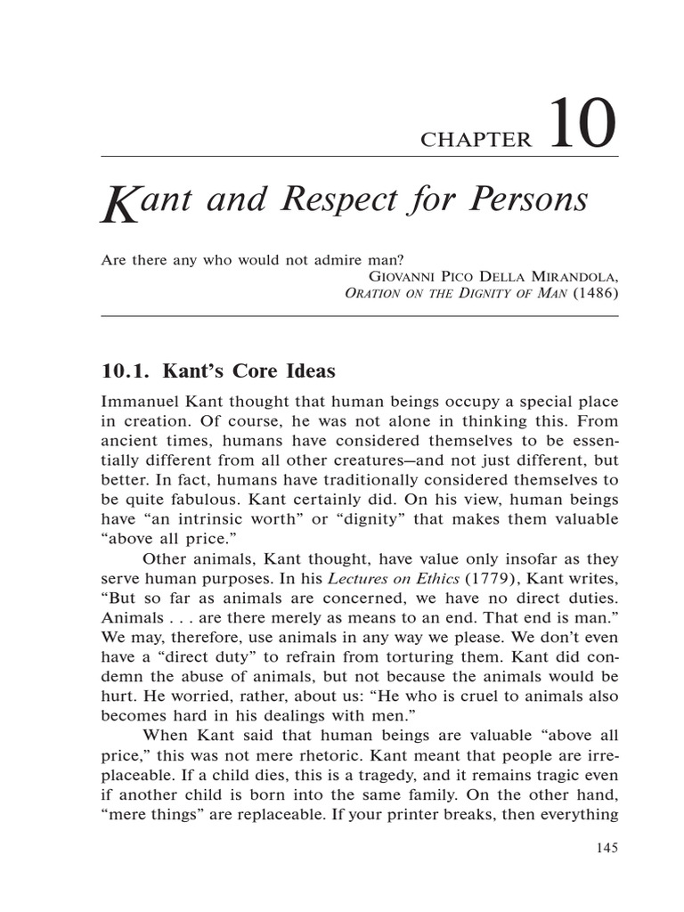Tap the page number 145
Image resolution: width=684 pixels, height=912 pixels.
pyautogui.click(x=606, y=847)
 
